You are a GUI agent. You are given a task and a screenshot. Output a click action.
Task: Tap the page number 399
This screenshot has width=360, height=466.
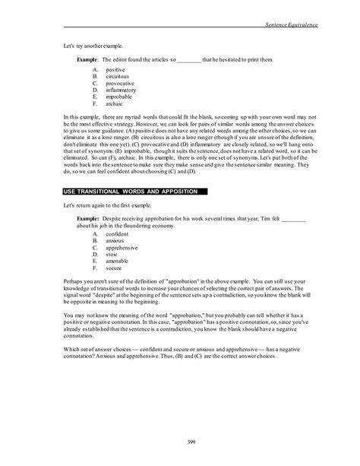pos(180,442)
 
